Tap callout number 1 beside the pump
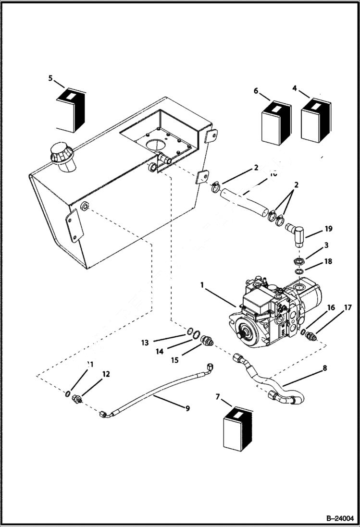(x=202, y=285)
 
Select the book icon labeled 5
(x=71, y=110)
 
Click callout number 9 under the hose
(x=187, y=408)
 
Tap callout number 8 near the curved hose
(x=325, y=368)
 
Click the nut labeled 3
(x=298, y=261)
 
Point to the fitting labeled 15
(x=207, y=340)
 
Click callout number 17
(x=347, y=307)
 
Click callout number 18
(x=328, y=262)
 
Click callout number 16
(x=331, y=307)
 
